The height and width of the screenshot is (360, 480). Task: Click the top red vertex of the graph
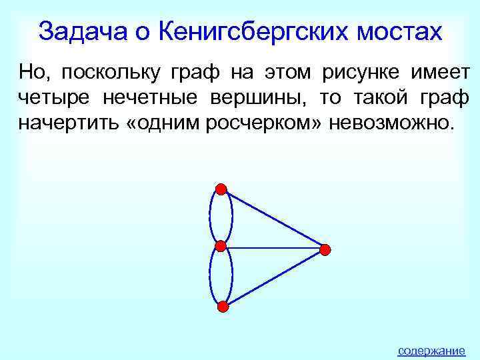[221, 189]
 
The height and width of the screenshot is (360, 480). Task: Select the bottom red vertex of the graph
[223, 307]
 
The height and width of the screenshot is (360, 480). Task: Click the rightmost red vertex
[325, 249]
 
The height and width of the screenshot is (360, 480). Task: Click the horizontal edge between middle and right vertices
[273, 248]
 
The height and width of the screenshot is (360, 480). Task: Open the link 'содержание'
[431, 350]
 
